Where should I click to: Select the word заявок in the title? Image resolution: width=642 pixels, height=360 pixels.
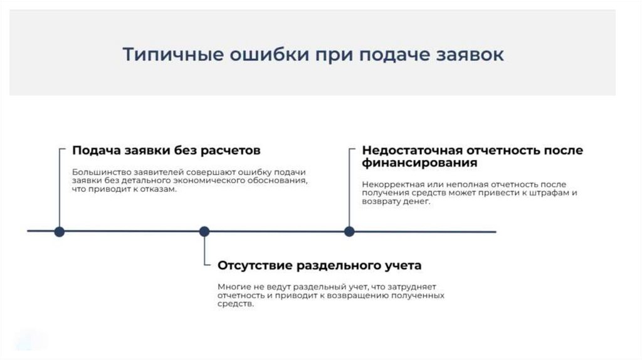471,55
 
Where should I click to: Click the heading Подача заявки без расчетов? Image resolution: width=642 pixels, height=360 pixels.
166,151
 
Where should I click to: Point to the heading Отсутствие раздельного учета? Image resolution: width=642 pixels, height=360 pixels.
319,265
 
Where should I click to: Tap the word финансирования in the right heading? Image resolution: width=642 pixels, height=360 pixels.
419,163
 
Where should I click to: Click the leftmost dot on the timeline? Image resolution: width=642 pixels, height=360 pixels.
60,231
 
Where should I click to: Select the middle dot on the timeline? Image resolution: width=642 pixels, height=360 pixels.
204,231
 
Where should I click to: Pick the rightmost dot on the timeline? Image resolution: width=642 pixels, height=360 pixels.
349,231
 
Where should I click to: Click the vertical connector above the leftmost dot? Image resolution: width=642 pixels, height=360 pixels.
60,188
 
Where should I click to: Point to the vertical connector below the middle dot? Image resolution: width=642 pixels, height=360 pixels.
204,251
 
